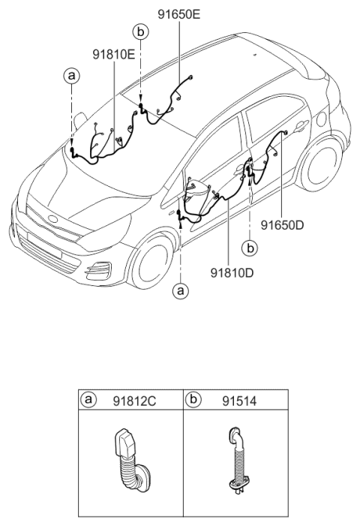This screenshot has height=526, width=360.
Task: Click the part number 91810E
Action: coord(114,54)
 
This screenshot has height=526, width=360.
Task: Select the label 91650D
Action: coord(281,224)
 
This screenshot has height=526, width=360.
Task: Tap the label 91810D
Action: coord(229,272)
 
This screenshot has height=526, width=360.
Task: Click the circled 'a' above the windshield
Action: coord(71,75)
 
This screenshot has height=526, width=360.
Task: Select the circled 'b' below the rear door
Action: coord(250,246)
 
